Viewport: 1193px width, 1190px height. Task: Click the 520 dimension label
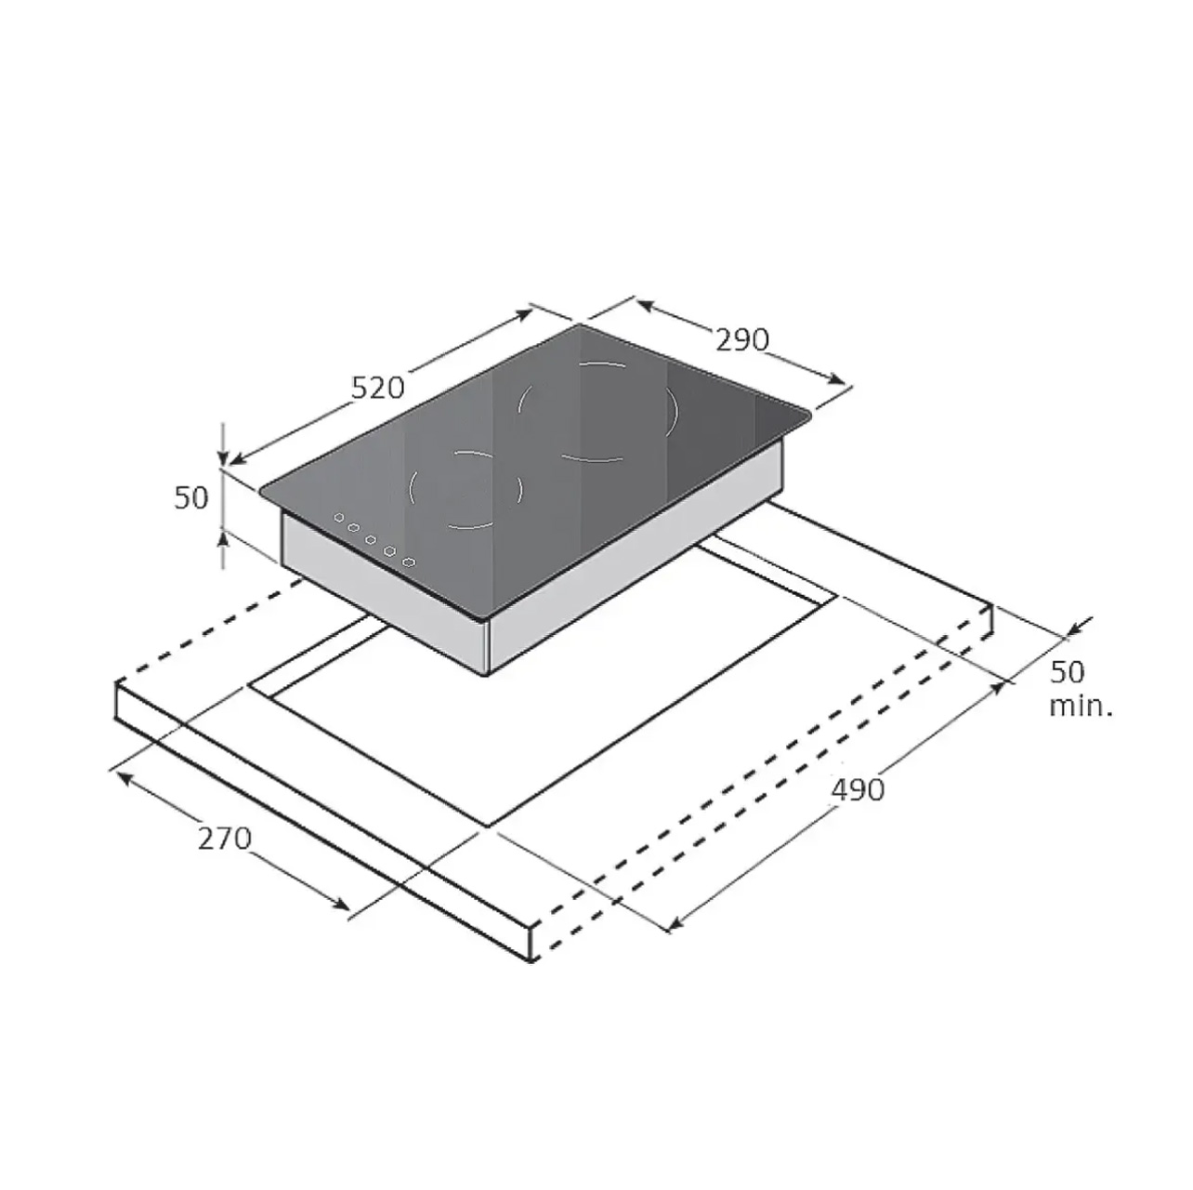point(377,389)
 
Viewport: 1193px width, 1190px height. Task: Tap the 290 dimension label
point(742,340)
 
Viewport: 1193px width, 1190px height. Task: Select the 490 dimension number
point(858,790)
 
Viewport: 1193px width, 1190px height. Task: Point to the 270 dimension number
point(225,839)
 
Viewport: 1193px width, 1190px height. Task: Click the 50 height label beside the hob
point(191,497)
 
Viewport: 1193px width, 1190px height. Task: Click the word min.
point(1081,706)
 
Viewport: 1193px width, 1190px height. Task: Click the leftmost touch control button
point(339,517)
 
